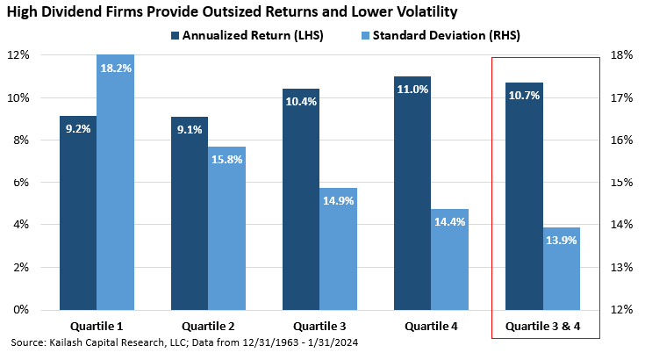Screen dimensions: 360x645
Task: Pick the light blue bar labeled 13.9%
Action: click(560, 272)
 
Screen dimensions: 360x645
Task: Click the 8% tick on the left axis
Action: click(19, 140)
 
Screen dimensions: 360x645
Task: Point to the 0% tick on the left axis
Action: click(19, 310)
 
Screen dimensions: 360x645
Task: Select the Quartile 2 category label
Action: click(208, 328)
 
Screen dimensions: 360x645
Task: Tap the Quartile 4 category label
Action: click(431, 328)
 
